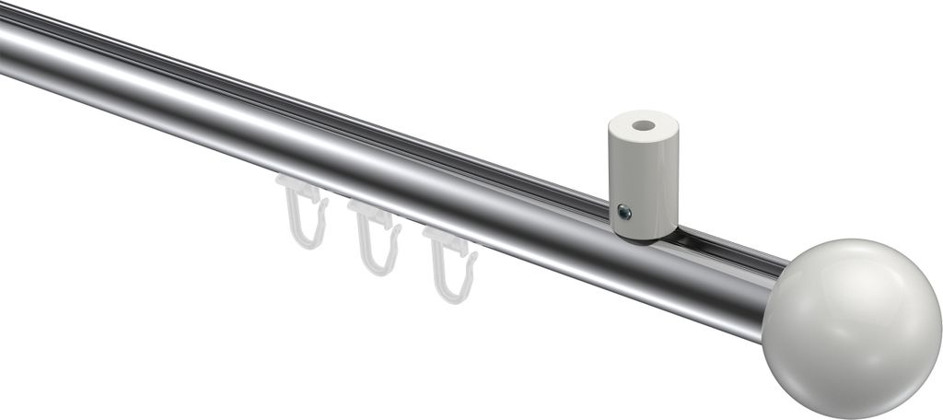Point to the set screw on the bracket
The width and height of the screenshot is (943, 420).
624,213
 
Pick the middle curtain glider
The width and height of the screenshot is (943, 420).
376,236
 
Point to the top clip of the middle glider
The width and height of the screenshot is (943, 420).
372,214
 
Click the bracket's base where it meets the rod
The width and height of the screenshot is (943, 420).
645,234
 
